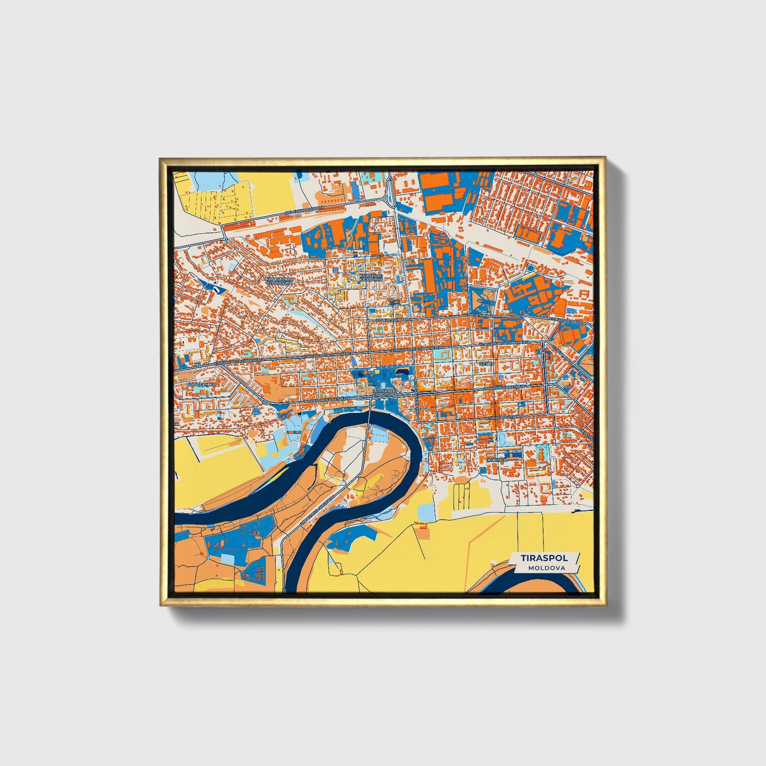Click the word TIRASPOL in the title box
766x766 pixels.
coord(544,558)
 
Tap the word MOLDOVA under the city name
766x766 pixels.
coord(546,568)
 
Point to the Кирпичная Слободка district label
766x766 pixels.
coord(279,281)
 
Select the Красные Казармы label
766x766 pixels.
coord(371,278)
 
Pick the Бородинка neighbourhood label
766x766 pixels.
coord(201,384)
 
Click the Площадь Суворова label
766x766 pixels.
coord(384,393)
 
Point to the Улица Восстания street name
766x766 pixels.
coord(505,418)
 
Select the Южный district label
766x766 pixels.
coord(497,460)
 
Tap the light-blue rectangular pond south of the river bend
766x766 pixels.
coord(425,512)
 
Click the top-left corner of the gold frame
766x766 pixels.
coord(160,158)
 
